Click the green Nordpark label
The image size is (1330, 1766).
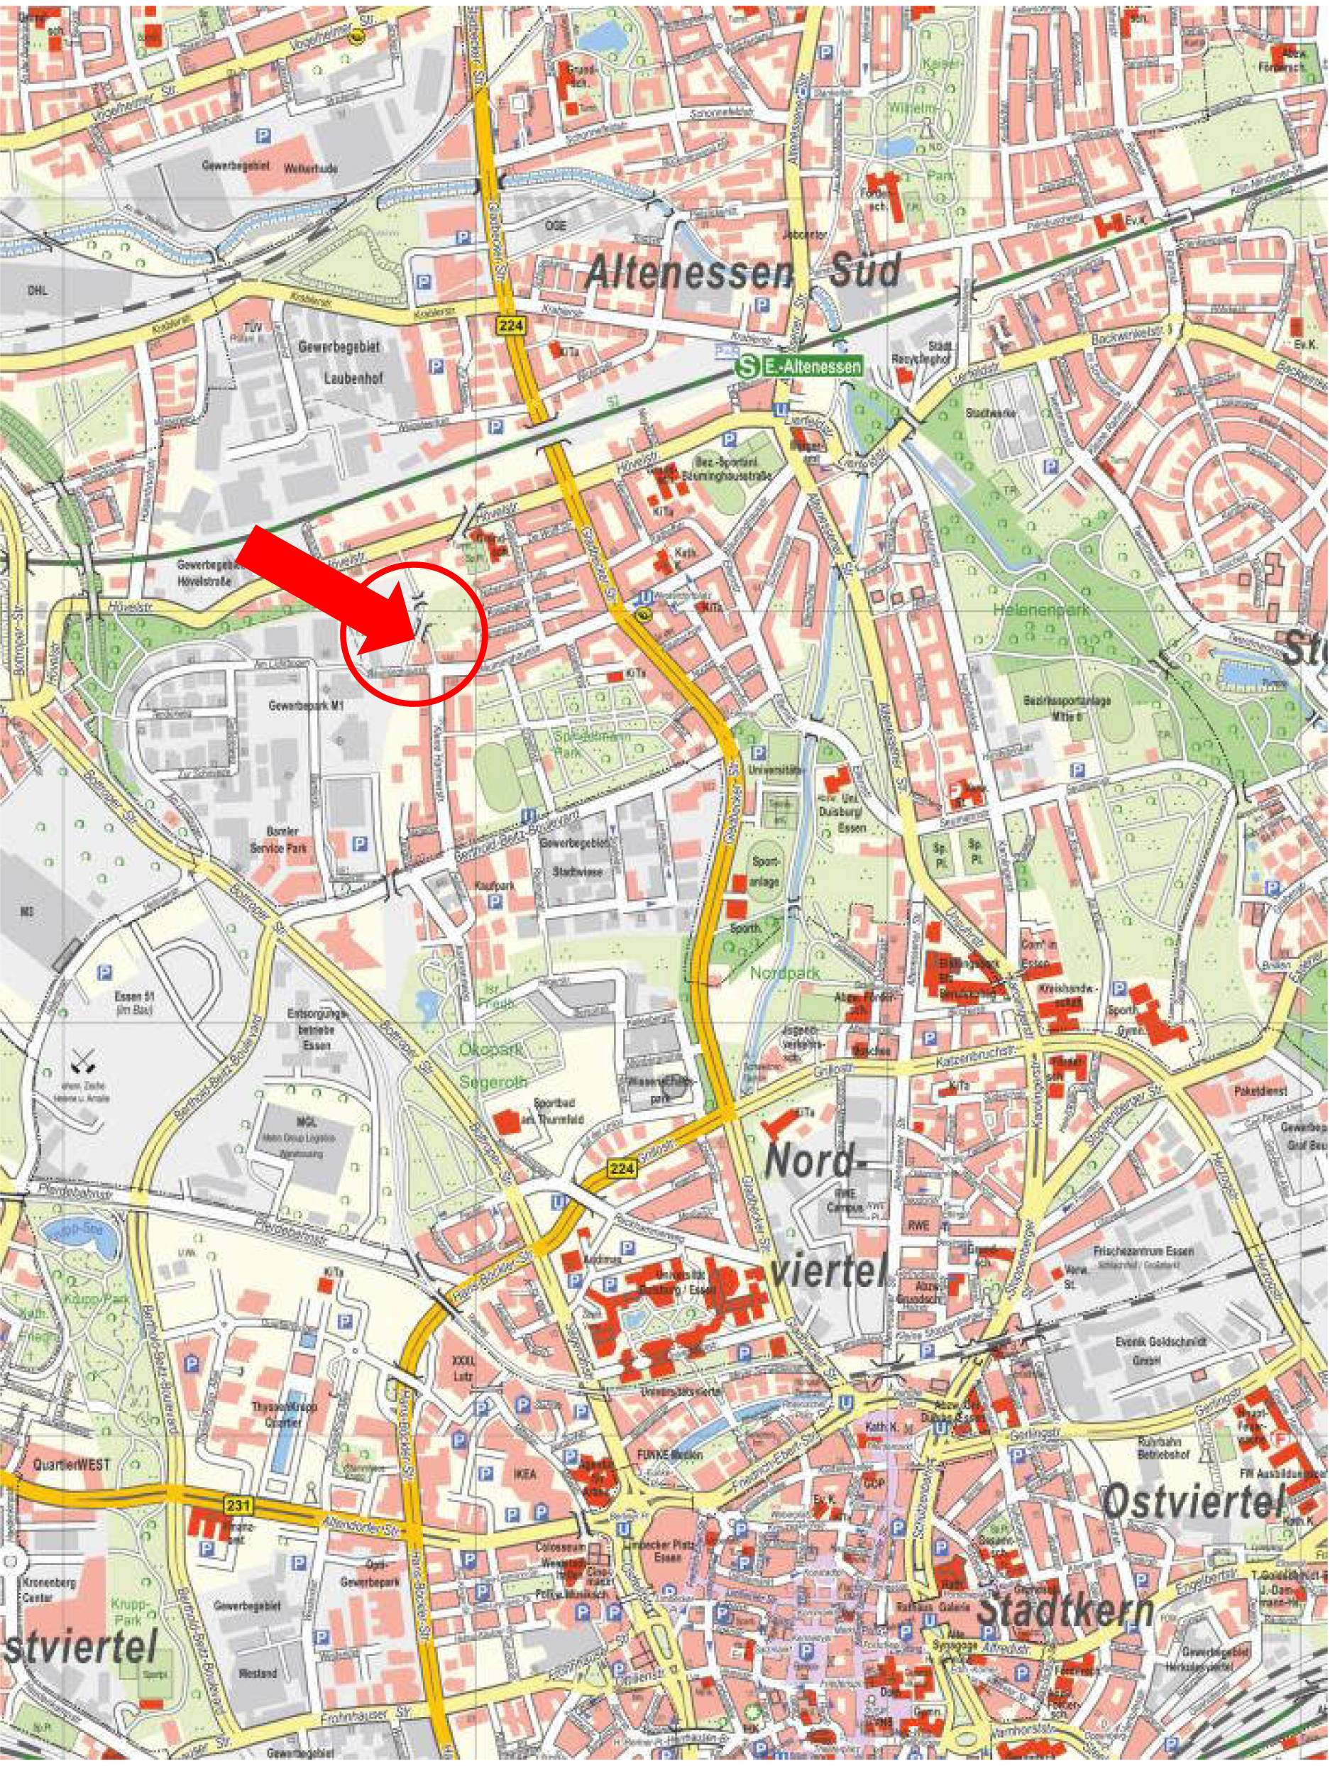774,973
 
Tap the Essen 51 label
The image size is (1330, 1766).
133,998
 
